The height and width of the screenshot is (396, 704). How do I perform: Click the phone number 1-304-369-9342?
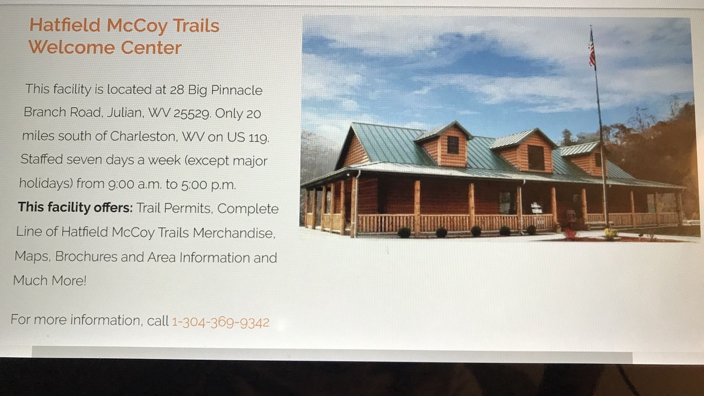221,322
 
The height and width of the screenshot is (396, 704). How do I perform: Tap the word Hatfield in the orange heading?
65,25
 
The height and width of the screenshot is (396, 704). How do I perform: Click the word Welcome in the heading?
71,47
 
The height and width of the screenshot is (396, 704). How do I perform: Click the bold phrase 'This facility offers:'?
75,207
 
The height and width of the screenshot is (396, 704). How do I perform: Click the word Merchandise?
234,233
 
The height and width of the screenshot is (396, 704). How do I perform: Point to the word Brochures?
86,256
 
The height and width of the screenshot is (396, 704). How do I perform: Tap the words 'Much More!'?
50,280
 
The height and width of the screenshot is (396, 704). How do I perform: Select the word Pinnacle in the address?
237,90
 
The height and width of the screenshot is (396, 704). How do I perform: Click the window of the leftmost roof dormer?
453,145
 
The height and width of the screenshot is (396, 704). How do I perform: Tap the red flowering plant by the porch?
569,234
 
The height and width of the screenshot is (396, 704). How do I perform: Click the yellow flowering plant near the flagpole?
610,234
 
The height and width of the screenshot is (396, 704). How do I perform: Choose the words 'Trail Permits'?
173,208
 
